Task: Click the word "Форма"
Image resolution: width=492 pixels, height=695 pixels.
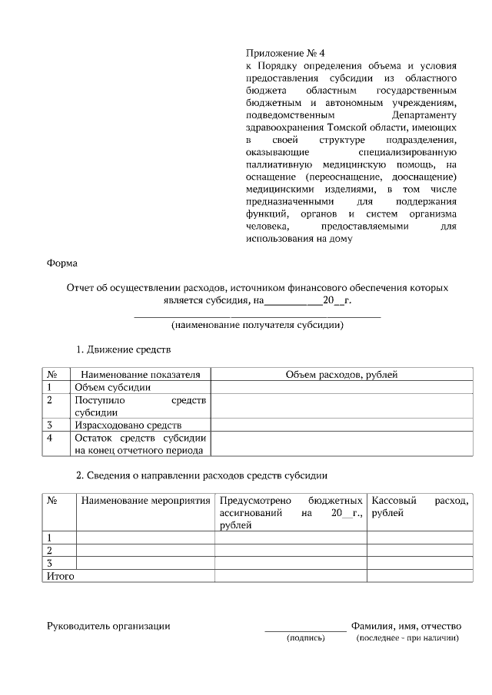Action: click(x=62, y=263)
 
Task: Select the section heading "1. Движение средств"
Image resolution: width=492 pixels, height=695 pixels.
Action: click(x=123, y=350)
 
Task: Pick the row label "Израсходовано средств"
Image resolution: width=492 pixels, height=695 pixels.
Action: click(x=128, y=425)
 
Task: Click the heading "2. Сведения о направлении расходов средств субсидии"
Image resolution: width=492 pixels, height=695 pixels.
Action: click(x=201, y=475)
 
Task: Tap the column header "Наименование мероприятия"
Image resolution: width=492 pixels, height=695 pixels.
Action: click(x=145, y=501)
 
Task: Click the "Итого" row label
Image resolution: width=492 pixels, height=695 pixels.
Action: click(x=61, y=576)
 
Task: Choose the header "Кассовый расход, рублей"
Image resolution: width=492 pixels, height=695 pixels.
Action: click(x=419, y=507)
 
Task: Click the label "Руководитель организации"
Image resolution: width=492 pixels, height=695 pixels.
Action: click(x=108, y=626)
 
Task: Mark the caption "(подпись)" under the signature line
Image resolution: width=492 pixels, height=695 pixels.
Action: click(x=306, y=638)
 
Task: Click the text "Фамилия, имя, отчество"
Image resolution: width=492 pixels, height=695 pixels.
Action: click(x=405, y=626)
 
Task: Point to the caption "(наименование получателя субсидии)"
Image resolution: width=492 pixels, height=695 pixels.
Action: click(x=257, y=324)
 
